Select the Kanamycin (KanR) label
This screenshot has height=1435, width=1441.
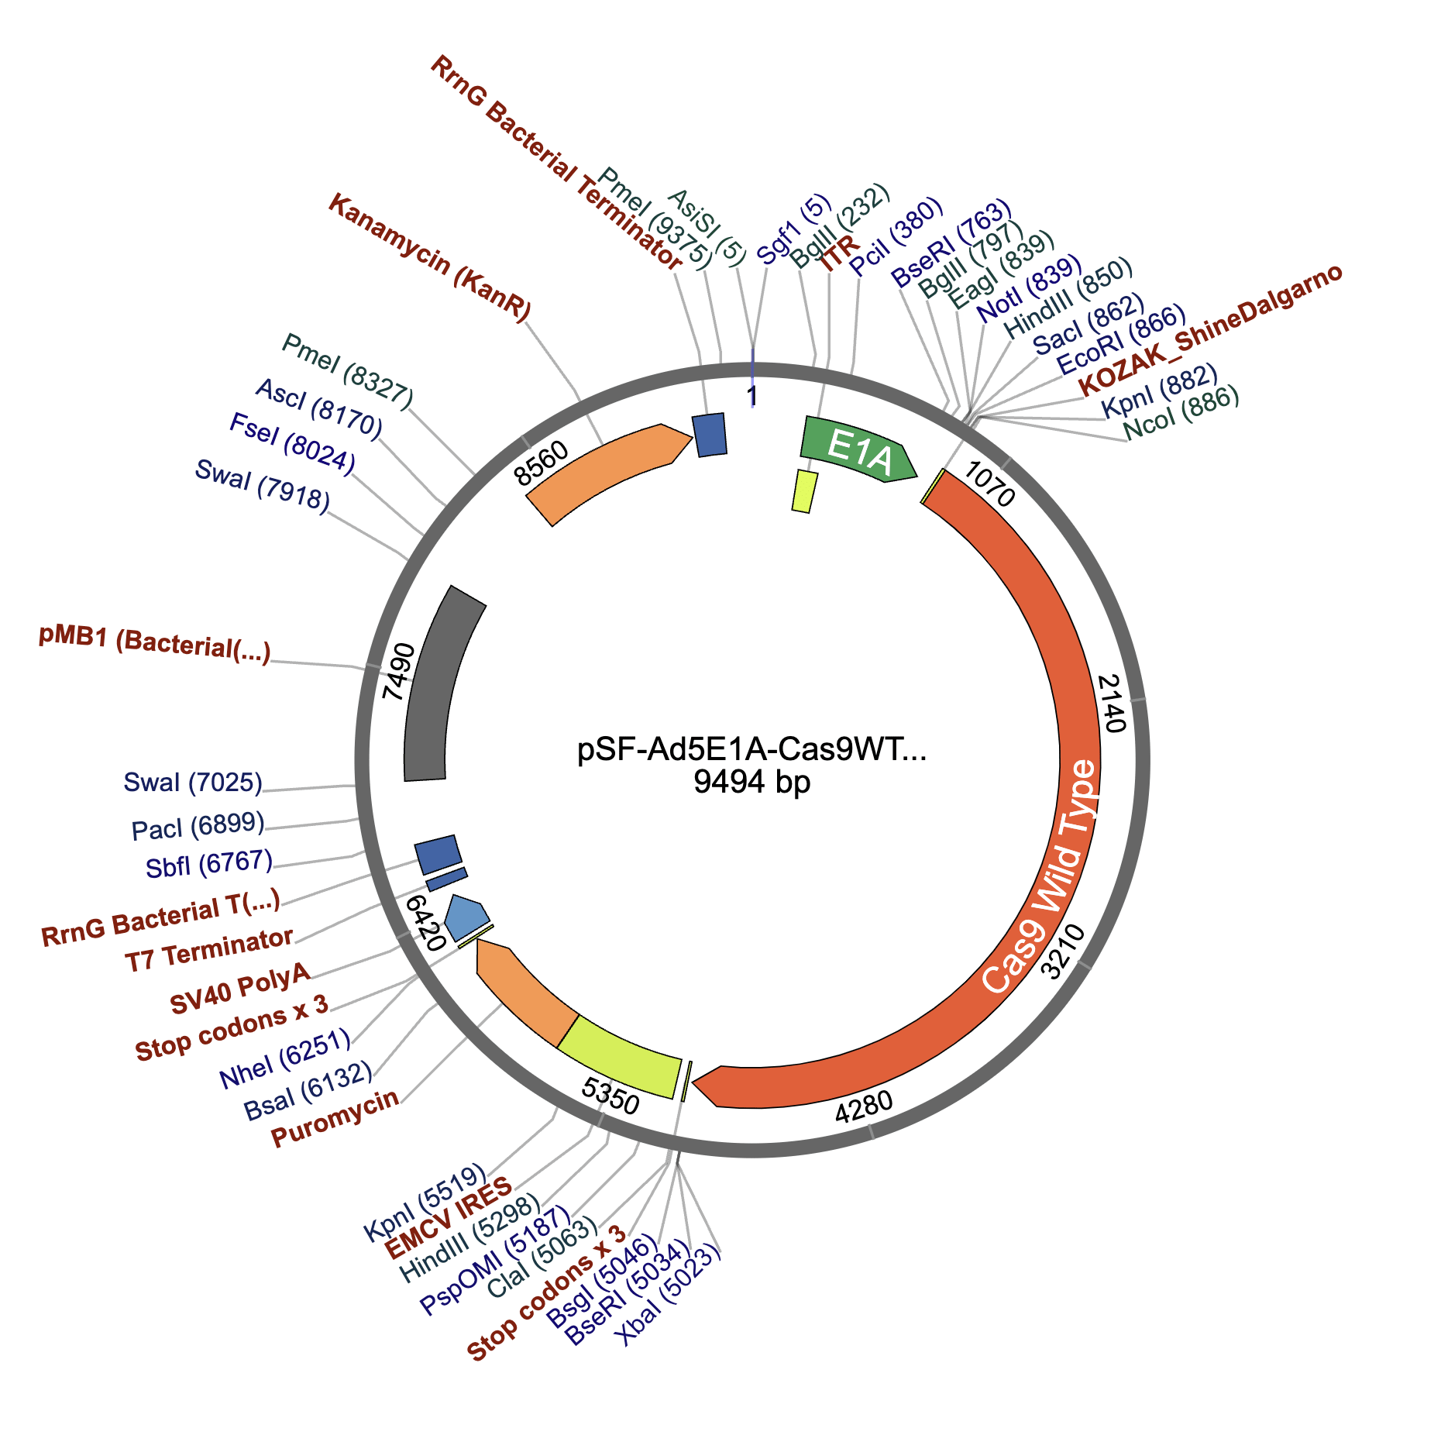coord(430,257)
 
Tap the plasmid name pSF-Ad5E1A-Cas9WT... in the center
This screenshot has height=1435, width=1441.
coord(751,749)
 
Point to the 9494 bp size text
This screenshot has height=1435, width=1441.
coord(751,783)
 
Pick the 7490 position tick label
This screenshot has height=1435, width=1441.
coord(398,671)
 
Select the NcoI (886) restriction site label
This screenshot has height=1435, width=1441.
coord(1181,413)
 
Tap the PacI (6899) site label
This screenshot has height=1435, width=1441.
coord(198,827)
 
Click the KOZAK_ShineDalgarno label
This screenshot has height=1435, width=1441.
coord(1210,329)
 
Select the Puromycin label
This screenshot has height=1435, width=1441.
coord(335,1117)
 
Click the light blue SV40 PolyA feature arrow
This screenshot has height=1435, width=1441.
coord(467,917)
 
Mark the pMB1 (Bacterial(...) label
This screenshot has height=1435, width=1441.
coord(155,645)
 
